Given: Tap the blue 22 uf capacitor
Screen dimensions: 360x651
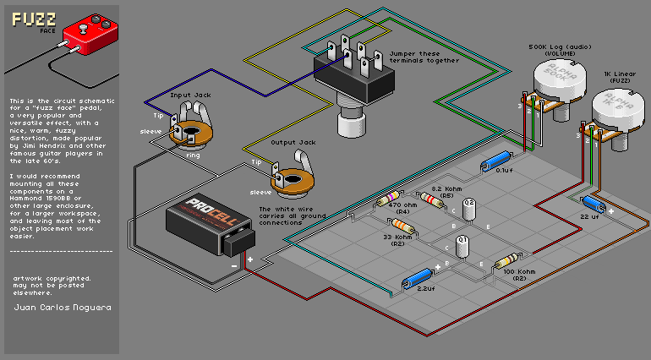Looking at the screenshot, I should (x=592, y=204).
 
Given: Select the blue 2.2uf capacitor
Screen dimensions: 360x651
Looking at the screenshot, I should (x=418, y=278).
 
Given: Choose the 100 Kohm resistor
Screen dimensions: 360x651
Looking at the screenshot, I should (x=506, y=261).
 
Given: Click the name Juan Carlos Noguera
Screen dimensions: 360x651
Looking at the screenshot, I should (x=62, y=307).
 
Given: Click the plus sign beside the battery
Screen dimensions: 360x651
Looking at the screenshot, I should (x=250, y=259).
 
